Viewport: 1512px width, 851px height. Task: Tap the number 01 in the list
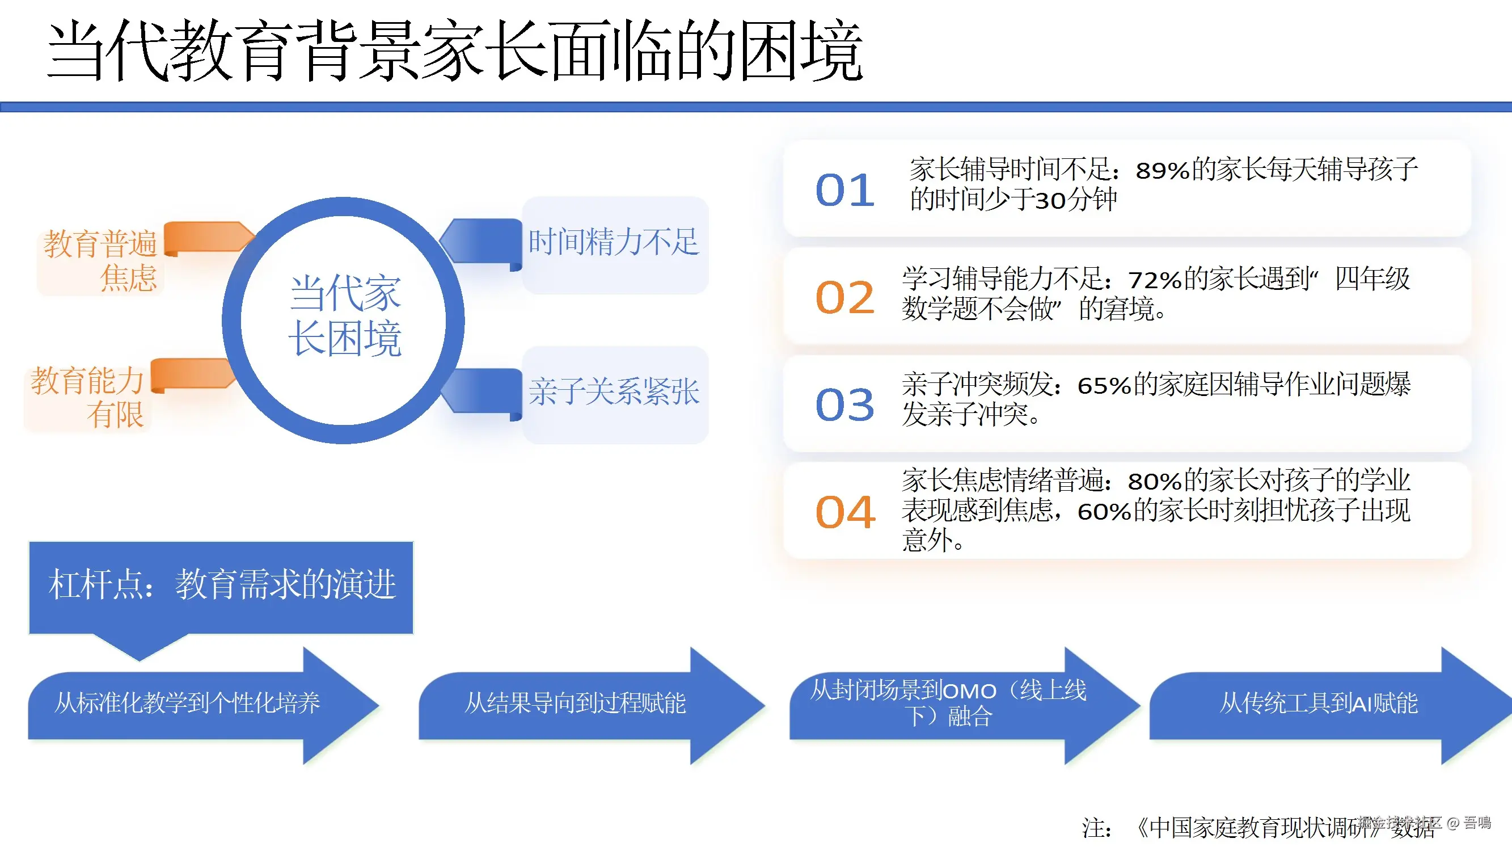844,190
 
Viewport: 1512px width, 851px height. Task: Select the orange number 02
844,298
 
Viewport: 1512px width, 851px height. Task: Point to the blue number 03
844,405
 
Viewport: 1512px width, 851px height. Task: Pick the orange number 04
844,512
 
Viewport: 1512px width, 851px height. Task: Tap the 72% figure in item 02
1155,280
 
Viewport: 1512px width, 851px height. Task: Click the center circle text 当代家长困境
345,316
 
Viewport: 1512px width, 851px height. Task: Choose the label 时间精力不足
614,242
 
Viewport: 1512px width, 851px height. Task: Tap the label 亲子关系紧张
614,391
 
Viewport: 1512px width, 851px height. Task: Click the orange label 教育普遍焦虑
100,260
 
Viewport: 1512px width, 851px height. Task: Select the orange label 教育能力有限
87,398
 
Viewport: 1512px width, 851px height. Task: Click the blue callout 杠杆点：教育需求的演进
221,585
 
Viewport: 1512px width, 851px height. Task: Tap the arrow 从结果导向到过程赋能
575,703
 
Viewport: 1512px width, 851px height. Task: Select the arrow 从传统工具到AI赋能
1318,703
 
